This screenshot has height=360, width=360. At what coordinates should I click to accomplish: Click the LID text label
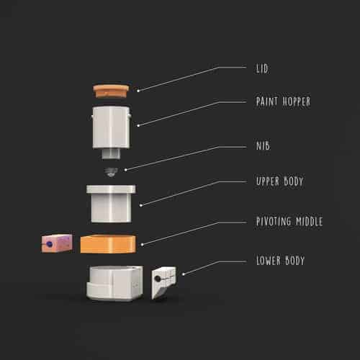[262, 69]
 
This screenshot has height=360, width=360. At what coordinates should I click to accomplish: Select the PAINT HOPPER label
[283, 102]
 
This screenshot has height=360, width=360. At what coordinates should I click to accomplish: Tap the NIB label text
[263, 145]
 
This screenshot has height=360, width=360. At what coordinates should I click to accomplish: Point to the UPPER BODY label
[280, 181]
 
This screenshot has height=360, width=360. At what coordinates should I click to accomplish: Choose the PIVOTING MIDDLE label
[289, 221]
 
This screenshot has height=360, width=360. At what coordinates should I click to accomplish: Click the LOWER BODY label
[280, 261]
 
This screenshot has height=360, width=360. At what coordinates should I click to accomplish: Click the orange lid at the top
[111, 91]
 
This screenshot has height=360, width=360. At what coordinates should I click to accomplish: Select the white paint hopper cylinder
[112, 127]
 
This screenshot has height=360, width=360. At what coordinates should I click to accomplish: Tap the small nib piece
[111, 172]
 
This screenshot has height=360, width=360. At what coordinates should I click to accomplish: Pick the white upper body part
[111, 204]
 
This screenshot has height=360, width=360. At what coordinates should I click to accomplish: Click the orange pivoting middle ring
[108, 244]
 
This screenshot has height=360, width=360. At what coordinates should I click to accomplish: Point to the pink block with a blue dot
[57, 243]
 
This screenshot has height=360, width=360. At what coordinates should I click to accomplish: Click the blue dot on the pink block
[50, 244]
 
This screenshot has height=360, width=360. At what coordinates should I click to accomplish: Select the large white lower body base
[115, 283]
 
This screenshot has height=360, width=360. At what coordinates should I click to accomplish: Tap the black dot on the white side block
[158, 279]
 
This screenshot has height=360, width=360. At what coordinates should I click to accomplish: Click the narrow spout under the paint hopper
[111, 153]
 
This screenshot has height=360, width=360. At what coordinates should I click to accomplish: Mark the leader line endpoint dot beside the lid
[138, 91]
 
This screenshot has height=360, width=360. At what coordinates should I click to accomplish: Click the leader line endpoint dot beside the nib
[125, 170]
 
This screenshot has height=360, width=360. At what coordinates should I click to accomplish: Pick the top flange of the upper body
[111, 189]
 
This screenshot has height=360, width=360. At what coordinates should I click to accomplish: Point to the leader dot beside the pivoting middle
[142, 245]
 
